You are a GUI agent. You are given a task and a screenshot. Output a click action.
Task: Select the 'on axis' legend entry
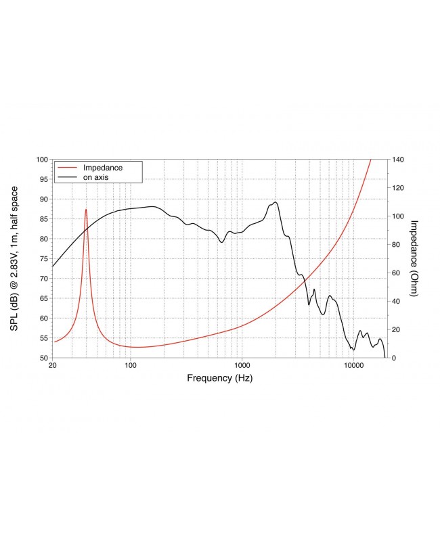pos(96,177)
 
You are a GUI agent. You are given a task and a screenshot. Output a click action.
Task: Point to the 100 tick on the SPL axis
pos(41,160)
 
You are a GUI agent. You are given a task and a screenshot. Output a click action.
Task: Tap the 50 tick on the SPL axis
pos(43,358)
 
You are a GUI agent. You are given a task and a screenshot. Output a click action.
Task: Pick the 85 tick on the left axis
pos(43,219)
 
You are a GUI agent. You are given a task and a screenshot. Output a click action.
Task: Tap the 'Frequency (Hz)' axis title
pos(220,379)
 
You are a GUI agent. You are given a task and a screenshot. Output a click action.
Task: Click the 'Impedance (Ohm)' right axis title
pos(415,258)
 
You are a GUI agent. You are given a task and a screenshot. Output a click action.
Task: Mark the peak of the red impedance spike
pos(86,210)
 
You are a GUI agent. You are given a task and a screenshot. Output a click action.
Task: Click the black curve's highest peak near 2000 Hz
pos(276,202)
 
